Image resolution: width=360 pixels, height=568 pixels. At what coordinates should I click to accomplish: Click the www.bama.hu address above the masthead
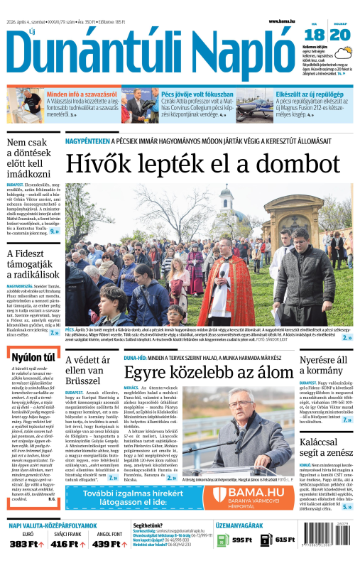[x=281, y=21]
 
